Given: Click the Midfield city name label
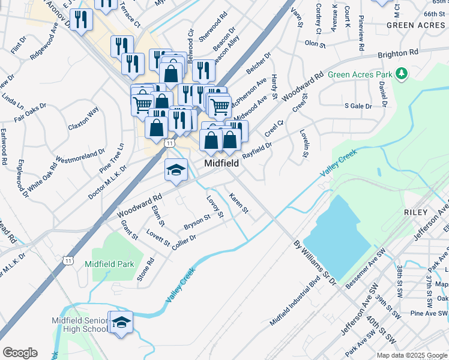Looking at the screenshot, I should click(221, 163).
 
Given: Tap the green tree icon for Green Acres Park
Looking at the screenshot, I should click(401, 74).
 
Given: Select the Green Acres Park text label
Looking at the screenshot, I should click(360, 75).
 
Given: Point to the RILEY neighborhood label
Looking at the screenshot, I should click(416, 212).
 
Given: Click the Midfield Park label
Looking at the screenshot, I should click(109, 263).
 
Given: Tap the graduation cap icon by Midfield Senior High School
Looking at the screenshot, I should click(121, 323).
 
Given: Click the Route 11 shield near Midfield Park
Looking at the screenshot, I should click(68, 260).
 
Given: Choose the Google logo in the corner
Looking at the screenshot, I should click(20, 352).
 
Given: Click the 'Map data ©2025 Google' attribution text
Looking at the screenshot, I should click(412, 355).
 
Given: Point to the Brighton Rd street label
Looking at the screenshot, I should click(397, 53).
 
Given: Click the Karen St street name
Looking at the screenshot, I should click(238, 203).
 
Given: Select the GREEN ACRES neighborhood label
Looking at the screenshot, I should click(416, 25).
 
